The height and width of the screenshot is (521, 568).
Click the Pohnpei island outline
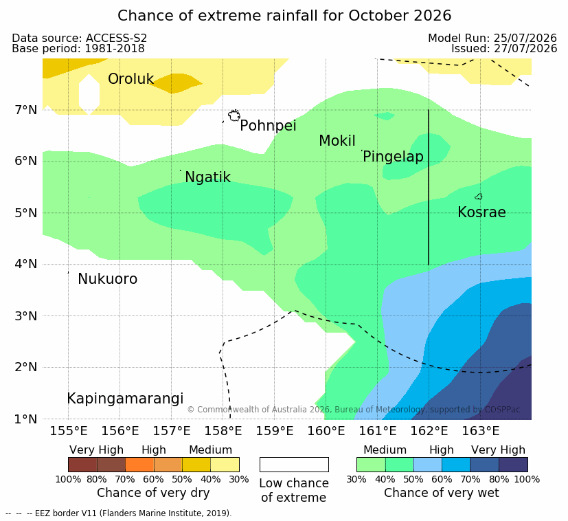pos(234,115)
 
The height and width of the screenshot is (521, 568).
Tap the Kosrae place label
pos(481,212)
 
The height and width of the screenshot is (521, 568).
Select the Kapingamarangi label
pos(125,399)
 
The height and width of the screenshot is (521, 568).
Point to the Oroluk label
pos(130,79)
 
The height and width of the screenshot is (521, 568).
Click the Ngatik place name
pos(207,177)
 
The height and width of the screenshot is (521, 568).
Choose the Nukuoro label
pos(108,279)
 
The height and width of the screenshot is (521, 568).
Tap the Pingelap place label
pos(393,157)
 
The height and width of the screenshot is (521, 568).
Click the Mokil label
pos(337,141)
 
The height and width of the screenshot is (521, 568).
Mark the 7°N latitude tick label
pos(26,109)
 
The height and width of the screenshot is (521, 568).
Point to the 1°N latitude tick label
pos(26,419)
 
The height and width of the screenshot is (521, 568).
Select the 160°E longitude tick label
pos(326,431)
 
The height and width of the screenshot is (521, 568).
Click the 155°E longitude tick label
pos(69,431)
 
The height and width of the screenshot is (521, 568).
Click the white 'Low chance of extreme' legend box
pos(294,465)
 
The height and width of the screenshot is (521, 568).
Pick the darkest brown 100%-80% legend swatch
pos(82,465)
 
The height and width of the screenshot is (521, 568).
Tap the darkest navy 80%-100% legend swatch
pos(513,465)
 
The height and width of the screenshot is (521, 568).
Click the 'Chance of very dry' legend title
pos(153,493)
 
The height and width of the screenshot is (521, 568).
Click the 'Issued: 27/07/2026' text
pos(504,49)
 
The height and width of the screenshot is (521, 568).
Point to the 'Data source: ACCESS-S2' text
pos(80,38)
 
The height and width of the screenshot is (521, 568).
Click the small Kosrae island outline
pos(479,197)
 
